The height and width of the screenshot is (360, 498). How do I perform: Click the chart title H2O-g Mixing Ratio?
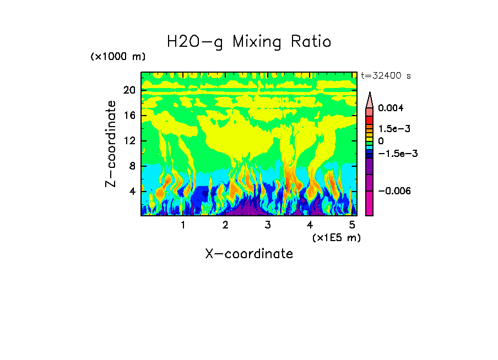tap(249, 42)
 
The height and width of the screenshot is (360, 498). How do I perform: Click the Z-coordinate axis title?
tap(111, 144)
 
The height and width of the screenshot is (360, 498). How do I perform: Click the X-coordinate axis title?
tap(249, 254)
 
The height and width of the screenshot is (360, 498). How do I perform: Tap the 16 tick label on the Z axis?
tap(129, 115)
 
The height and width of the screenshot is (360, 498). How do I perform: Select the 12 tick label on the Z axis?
tap(129, 140)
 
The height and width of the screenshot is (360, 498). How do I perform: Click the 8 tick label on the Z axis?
tap(132, 166)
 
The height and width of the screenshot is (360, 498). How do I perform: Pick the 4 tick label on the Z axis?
tap(132, 191)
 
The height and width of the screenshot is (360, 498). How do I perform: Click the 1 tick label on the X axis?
tap(183, 225)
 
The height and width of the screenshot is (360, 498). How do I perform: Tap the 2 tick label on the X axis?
tap(225, 225)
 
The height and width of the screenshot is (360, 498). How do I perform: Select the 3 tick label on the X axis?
tap(268, 225)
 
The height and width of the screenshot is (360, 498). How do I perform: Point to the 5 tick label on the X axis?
tap(352, 225)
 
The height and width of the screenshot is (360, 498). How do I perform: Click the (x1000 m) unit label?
tap(118, 57)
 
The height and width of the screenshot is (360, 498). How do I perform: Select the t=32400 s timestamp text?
tap(386, 76)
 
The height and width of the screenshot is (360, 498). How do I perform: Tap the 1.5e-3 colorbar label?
tap(391, 128)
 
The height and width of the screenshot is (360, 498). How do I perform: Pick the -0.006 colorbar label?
tap(392, 190)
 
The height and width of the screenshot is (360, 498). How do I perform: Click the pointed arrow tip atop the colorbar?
tap(370, 95)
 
